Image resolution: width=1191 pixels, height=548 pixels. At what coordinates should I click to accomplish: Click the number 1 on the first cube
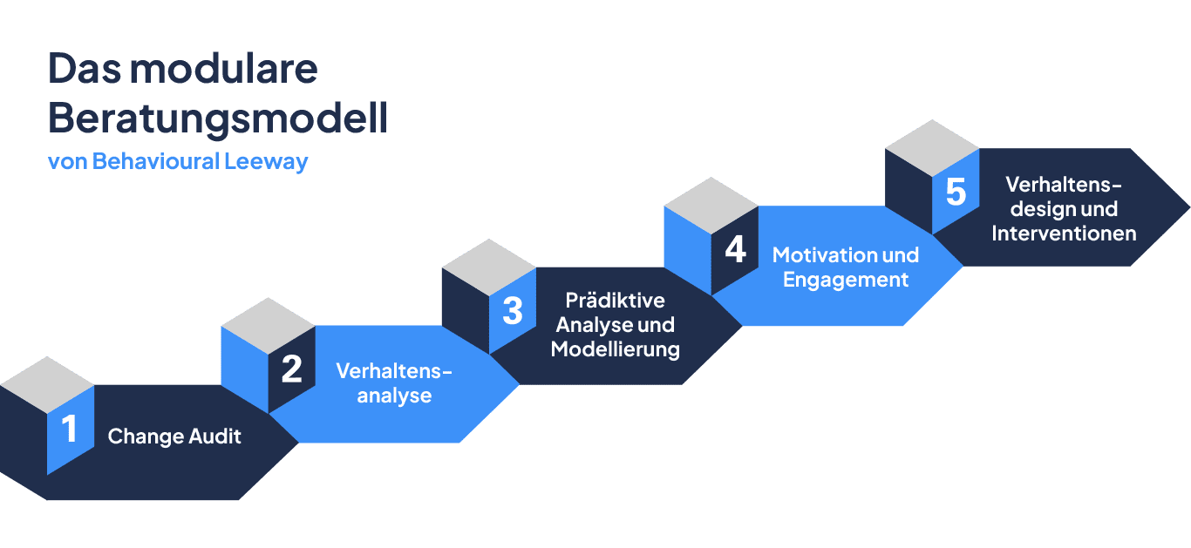tap(69, 429)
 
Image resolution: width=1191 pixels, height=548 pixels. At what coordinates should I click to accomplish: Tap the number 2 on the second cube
tap(291, 369)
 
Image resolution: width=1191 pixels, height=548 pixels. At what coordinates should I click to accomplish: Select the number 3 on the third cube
tap(513, 310)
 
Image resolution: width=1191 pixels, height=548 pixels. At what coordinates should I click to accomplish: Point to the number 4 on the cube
tap(735, 250)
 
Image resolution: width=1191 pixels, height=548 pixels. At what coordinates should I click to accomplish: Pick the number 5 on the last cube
tap(956, 192)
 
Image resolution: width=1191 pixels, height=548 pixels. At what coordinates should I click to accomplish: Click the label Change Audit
tap(174, 436)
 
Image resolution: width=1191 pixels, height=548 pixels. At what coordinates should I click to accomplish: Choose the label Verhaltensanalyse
tap(394, 382)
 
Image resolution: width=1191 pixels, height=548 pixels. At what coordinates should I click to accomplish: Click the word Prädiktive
tap(615, 301)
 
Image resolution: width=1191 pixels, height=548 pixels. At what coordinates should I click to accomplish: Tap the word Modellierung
tap(616, 350)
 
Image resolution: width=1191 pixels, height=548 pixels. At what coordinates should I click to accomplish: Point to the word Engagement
tap(846, 280)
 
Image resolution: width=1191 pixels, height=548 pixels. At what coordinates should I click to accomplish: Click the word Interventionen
tap(1064, 233)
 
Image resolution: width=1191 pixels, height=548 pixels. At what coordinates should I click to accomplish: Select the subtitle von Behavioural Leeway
tap(178, 162)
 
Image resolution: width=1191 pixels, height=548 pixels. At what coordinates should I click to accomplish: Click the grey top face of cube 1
tap(47, 384)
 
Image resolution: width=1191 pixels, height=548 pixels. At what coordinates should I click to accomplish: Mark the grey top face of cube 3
tap(489, 267)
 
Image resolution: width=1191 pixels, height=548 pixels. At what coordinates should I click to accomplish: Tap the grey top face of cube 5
tap(932, 147)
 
